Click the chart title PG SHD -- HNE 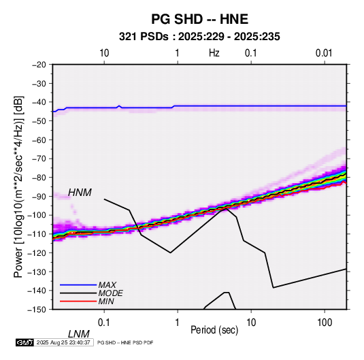(x=199, y=19)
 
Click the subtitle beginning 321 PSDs (x=199, y=37)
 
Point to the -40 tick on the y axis (x=39, y=102)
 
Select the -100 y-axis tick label (x=37, y=215)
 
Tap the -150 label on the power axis (x=37, y=310)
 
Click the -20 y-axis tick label (x=39, y=65)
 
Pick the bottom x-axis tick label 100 (x=325, y=323)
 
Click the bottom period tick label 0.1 (x=104, y=323)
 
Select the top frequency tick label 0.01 (x=324, y=53)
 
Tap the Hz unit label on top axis (x=214, y=53)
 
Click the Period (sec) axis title (x=214, y=330)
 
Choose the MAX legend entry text (x=107, y=285)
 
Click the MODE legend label (x=110, y=293)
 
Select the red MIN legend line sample (x=78, y=301)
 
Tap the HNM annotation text (x=80, y=193)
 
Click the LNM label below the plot (x=79, y=334)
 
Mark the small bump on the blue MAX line (x=119, y=106)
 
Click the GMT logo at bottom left (x=24, y=342)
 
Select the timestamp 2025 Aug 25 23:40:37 (x=63, y=342)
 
